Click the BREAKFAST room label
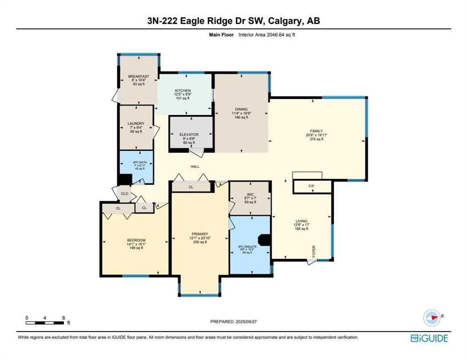pyautogui.click(x=139, y=76)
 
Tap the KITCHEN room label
pyautogui.click(x=182, y=90)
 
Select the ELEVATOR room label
pyautogui.click(x=189, y=135)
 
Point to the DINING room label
pyautogui.click(x=241, y=109)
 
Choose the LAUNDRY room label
pyautogui.click(x=136, y=124)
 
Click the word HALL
pyautogui.click(x=195, y=166)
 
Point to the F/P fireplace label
pyautogui.click(x=311, y=186)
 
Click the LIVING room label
pyautogui.click(x=301, y=221)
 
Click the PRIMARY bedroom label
pyautogui.click(x=199, y=234)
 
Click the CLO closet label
pyautogui.click(x=125, y=193)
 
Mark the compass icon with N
pyautogui.click(x=432, y=317)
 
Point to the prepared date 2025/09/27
pyautogui.click(x=254, y=322)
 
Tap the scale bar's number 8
pyautogui.click(x=63, y=317)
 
